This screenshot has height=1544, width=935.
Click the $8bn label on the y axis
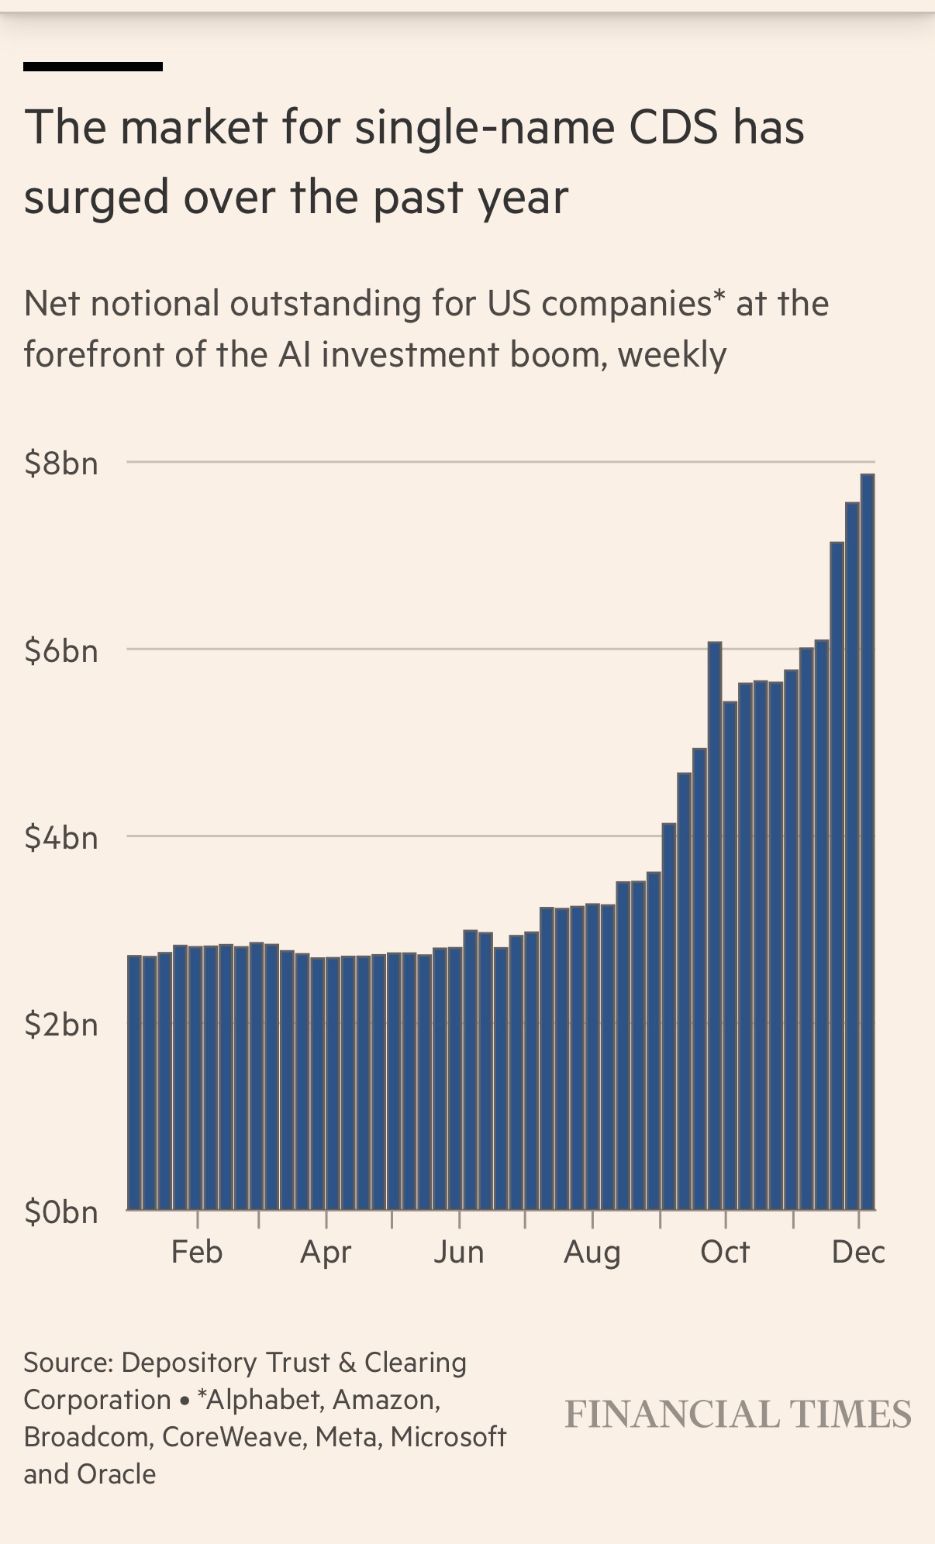tap(61, 464)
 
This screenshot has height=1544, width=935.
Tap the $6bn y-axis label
tap(61, 650)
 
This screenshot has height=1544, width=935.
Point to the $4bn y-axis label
tap(61, 838)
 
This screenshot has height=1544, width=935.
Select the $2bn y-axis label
tap(61, 1025)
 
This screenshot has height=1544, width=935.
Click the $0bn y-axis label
tap(61, 1212)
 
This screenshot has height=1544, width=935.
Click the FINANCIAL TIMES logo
tap(738, 1414)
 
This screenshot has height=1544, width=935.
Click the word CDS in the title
tap(673, 127)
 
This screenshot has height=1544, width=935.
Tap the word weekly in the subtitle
tap(672, 355)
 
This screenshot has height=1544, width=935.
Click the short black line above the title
tap(93, 67)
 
